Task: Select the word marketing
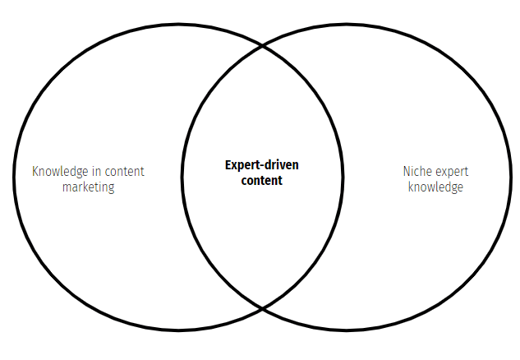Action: point(88,187)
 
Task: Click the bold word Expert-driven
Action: point(262,164)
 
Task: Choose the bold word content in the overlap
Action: point(262,180)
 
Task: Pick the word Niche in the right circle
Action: point(416,172)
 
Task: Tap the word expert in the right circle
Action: point(450,173)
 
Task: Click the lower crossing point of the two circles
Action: point(262,309)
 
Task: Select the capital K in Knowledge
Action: point(35,172)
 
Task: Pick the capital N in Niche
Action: point(406,172)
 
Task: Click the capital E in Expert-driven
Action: point(228,164)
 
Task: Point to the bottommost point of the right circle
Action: point(349,331)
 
